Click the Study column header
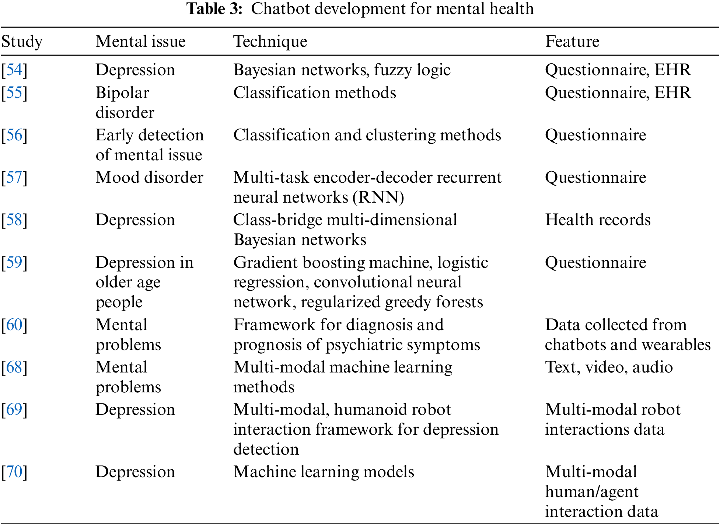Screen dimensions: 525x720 coord(22,42)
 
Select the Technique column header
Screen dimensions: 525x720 coord(270,42)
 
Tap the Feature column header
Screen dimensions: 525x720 coord(572,42)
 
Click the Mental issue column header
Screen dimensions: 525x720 coord(140,42)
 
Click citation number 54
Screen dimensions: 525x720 coord(14,70)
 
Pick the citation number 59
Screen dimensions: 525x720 coord(14,263)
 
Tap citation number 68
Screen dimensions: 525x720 coord(14,367)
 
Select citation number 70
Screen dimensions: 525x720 coord(14,472)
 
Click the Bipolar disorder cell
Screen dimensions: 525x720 coord(125,102)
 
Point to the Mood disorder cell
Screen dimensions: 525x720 coord(149,178)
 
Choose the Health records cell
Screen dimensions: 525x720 coord(598,220)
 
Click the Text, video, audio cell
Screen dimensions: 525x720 coord(609,367)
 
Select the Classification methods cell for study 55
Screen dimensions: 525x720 coord(314,93)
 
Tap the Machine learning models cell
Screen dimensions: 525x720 coord(324,472)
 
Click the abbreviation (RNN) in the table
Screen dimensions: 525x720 coord(378,197)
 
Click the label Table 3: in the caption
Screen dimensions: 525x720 coord(214,9)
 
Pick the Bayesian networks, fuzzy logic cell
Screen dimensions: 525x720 coord(342,70)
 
